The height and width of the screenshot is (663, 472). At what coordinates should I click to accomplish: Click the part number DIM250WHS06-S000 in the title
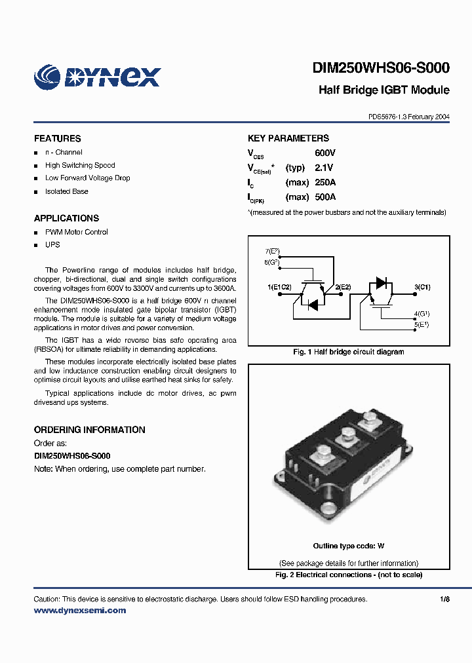(381, 68)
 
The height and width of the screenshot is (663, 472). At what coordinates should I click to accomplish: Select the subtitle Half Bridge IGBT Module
(383, 90)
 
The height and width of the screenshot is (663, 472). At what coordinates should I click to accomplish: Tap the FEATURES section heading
(58, 139)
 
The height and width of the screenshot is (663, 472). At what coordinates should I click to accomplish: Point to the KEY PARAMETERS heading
(288, 138)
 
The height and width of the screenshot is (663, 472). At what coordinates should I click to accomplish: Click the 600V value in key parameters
(325, 153)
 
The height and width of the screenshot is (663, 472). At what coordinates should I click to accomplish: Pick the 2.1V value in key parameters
(325, 168)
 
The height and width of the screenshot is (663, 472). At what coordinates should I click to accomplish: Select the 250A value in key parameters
(325, 182)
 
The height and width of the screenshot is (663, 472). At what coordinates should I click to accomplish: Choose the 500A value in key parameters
(325, 197)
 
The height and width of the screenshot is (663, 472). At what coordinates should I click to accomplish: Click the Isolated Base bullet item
(66, 191)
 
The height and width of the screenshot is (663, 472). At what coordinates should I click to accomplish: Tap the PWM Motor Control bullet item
(76, 232)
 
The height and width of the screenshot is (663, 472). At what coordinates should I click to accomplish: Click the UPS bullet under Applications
(52, 245)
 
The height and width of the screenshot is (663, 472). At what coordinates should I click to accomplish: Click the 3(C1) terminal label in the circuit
(423, 287)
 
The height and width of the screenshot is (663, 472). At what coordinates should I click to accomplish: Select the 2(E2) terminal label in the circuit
(343, 287)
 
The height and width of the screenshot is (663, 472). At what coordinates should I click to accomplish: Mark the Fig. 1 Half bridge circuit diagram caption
(348, 352)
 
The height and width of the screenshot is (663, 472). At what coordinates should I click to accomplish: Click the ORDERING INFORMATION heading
(90, 430)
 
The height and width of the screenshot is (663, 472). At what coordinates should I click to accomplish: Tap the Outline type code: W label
(348, 546)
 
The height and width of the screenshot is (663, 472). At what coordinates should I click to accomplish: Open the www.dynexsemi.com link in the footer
(80, 611)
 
